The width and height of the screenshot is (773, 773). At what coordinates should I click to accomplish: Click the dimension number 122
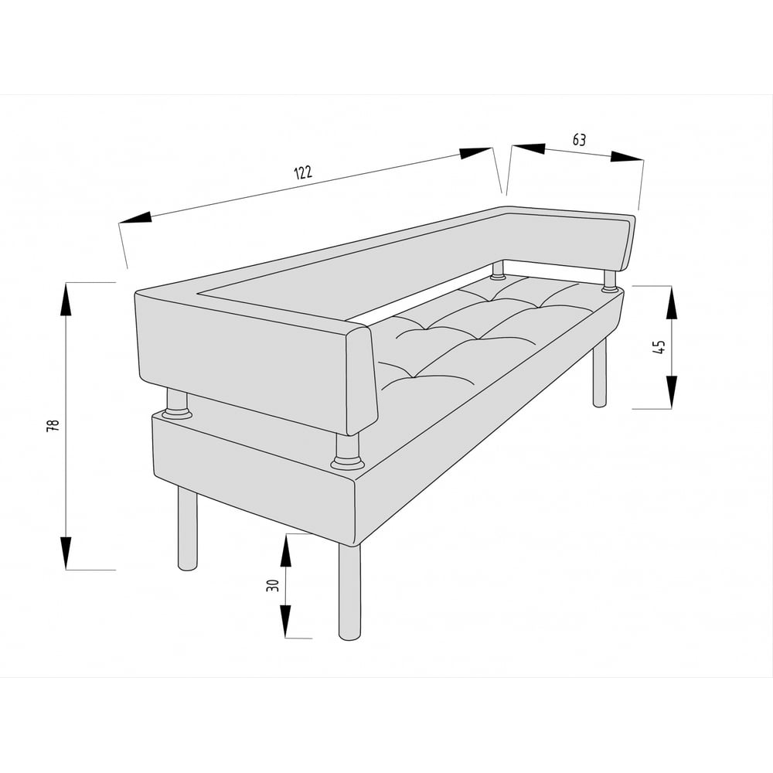(303, 172)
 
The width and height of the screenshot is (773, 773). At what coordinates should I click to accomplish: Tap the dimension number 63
(579, 140)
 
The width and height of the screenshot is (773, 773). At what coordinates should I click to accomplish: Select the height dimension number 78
(53, 425)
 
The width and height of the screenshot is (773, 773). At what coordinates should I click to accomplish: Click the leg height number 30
(273, 585)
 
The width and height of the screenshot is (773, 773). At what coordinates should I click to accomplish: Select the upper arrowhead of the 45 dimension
(672, 303)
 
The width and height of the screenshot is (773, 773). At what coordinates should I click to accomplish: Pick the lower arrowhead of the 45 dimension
(672, 392)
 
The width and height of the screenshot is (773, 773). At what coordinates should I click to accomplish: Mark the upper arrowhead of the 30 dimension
(285, 550)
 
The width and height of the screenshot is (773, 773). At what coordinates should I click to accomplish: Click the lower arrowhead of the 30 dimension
(285, 621)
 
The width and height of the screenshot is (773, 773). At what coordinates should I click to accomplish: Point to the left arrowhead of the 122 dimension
(135, 217)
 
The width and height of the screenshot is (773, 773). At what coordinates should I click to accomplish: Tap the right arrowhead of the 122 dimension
(475, 153)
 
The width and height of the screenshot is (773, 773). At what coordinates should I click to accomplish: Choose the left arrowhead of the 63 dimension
(529, 148)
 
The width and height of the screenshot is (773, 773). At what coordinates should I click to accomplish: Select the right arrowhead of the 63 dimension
(627, 157)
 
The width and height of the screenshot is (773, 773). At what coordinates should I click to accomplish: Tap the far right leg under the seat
(599, 373)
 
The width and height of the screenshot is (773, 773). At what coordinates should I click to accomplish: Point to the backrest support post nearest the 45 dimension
(610, 281)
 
